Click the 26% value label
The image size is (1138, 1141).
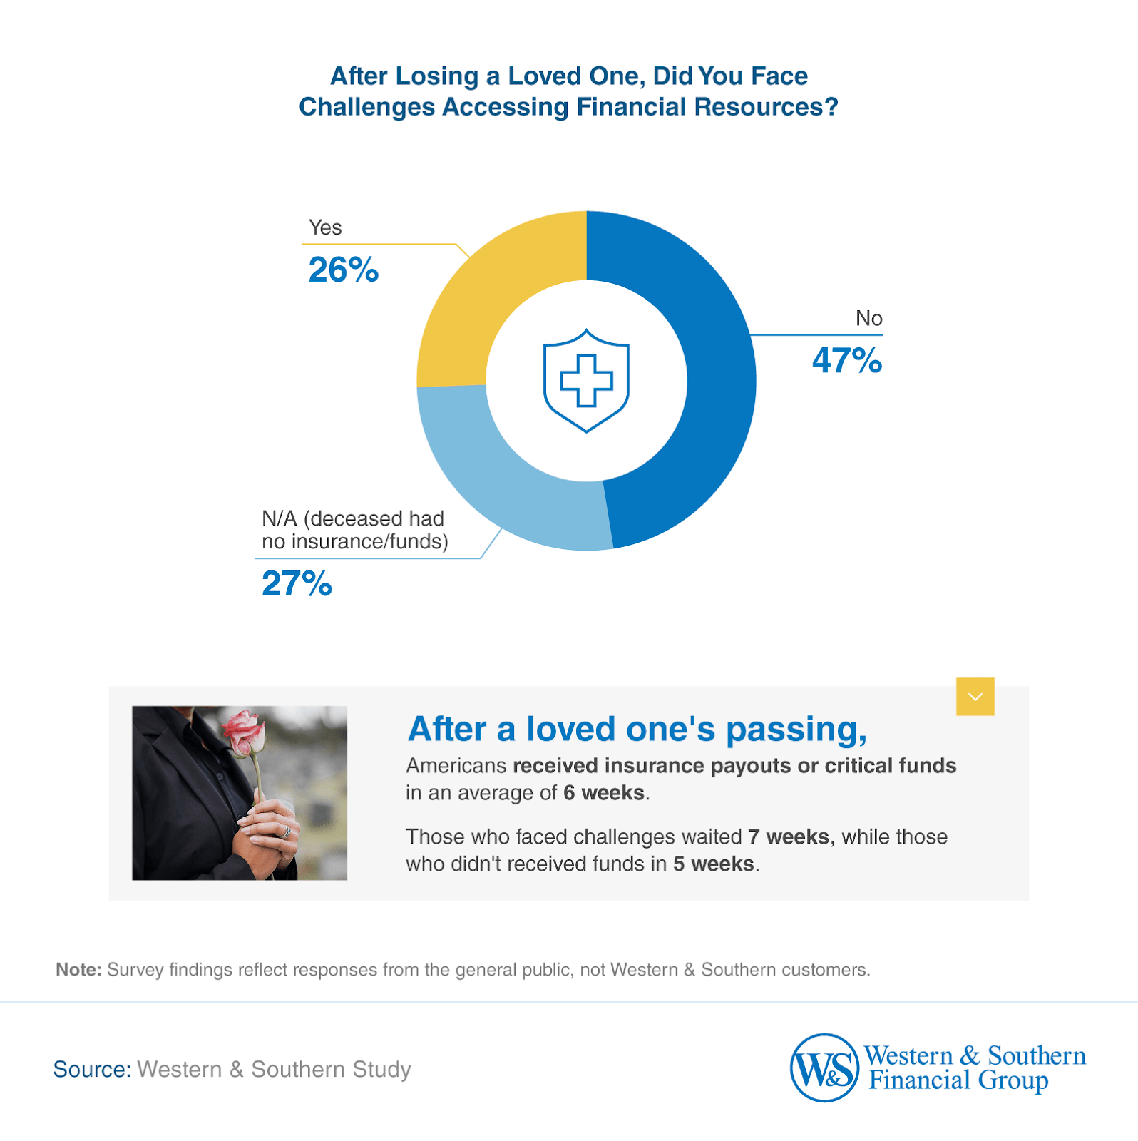click(x=343, y=270)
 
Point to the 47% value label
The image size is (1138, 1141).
click(x=846, y=361)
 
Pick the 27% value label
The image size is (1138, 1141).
click(x=297, y=584)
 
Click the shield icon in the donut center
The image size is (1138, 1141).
click(x=586, y=380)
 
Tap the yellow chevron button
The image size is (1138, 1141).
click(x=975, y=696)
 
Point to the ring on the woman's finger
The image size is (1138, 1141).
click(x=287, y=832)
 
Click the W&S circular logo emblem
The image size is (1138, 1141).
click(x=824, y=1068)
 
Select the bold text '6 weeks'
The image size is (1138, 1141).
click(x=603, y=793)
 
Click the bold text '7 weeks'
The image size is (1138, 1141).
click(x=788, y=836)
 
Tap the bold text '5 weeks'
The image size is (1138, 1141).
click(x=713, y=864)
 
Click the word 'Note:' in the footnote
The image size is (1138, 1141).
click(x=79, y=970)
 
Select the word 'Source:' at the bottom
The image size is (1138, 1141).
click(x=92, y=1069)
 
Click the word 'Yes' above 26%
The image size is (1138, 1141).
click(x=325, y=227)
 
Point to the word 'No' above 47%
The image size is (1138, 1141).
click(x=868, y=318)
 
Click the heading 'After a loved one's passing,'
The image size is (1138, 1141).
click(x=637, y=730)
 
